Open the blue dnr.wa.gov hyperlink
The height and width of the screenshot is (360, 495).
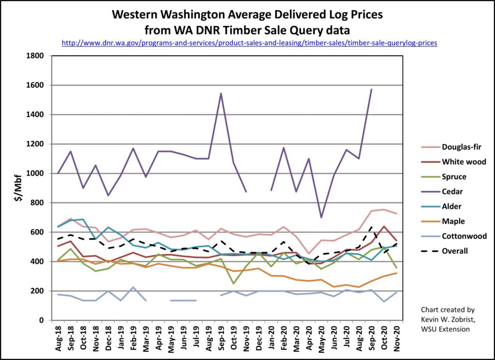point(249,43)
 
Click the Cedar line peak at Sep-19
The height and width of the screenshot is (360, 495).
point(221,94)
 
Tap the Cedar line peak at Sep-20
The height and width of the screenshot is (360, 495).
point(371,90)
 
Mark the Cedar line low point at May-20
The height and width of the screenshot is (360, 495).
point(321,217)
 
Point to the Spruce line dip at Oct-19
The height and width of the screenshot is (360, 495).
point(233,283)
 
